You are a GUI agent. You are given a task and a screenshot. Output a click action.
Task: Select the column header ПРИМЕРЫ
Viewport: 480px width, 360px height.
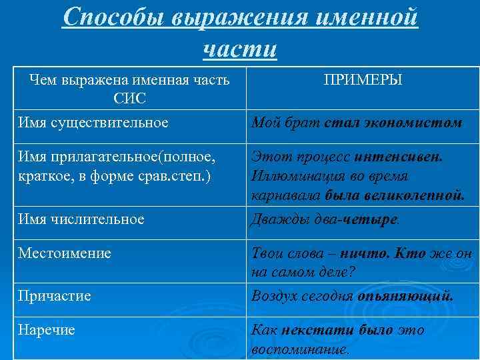coord(363,80)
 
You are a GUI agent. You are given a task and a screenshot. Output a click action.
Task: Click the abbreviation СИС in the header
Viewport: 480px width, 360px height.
coord(130,99)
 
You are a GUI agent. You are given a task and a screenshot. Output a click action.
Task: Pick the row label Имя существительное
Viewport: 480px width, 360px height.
coord(93,122)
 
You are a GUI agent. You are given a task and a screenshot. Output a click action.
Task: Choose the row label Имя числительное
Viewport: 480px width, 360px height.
coord(81,219)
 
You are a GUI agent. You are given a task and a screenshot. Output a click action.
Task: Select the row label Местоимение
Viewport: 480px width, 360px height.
coord(65,253)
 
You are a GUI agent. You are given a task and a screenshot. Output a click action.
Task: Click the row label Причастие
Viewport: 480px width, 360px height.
coord(55,295)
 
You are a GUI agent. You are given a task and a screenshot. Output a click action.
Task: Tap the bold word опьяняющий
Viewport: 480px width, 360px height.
coord(405,295)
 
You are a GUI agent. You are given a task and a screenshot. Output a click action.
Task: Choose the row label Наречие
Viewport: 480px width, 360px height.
coord(47,329)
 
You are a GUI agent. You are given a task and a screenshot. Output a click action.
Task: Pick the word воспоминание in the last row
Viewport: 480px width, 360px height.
coord(299,349)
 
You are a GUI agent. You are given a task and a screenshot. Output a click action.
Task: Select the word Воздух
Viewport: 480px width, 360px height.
coord(275,295)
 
